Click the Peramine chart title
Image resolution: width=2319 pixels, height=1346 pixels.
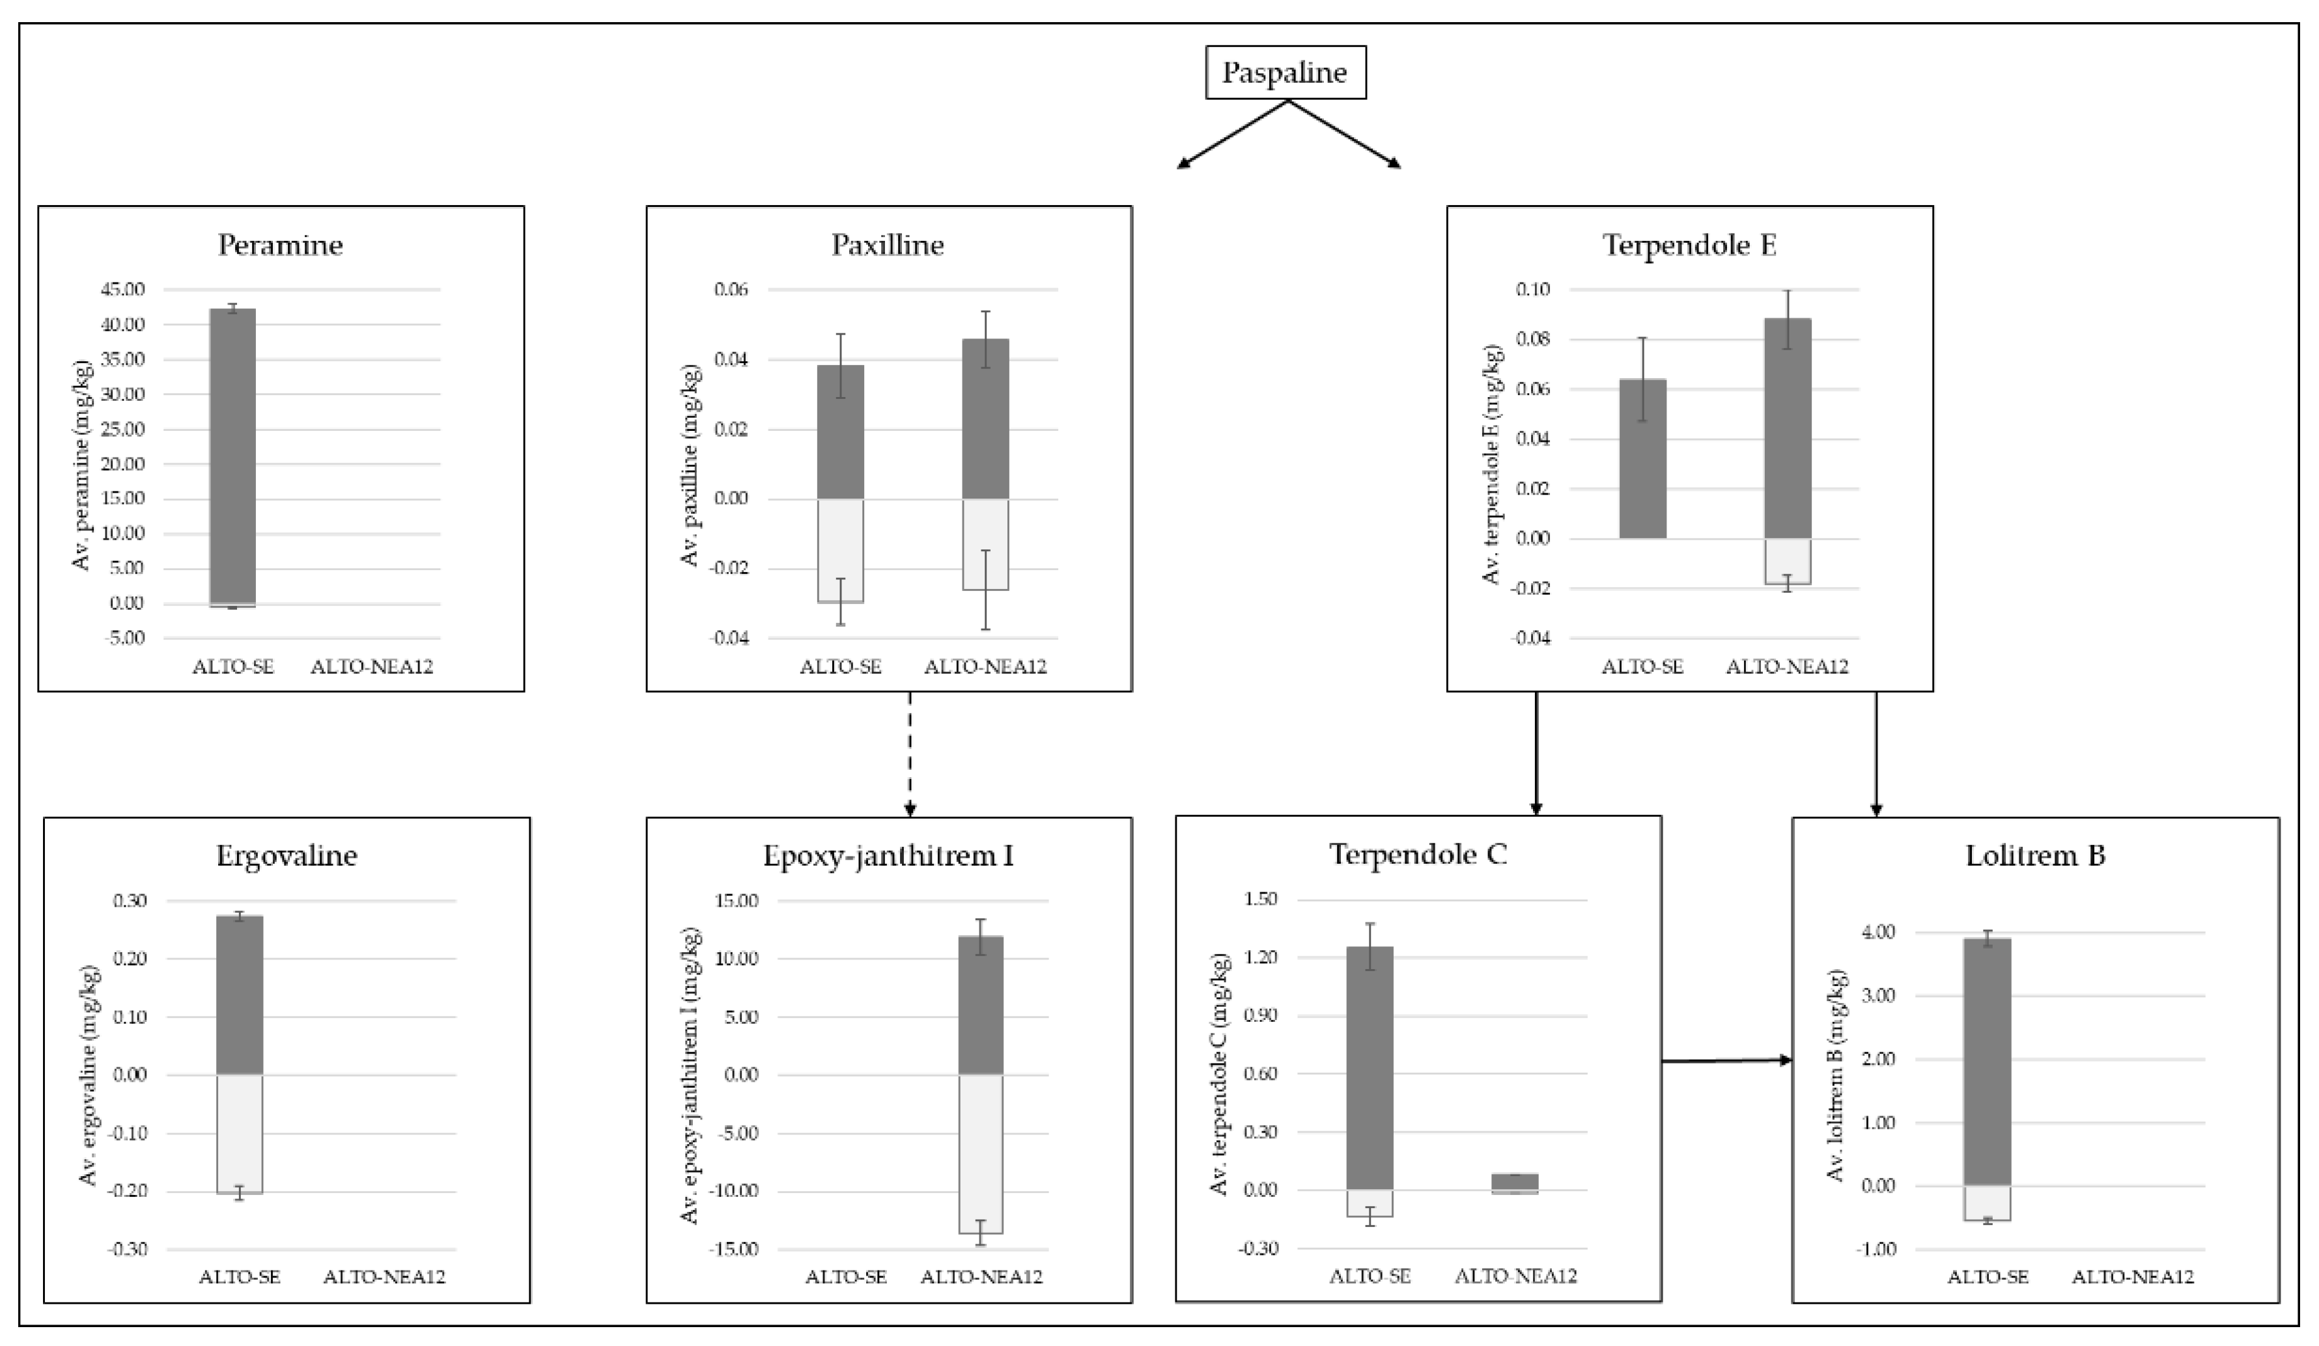pos(280,245)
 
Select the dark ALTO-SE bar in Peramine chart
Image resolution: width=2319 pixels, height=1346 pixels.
pos(233,456)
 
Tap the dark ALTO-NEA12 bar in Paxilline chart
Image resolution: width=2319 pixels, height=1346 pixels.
pos(985,419)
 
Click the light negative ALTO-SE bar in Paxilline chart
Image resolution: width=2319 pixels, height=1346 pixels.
pos(840,550)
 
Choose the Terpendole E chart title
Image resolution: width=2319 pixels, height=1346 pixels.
pos(1689,245)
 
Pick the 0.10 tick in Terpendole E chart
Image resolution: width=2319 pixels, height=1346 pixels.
pos(1532,290)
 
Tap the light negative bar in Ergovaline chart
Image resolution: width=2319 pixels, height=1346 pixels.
pos(239,1133)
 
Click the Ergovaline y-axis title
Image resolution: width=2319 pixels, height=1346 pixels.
pos(89,1075)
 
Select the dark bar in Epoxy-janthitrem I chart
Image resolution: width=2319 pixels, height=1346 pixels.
pos(981,1005)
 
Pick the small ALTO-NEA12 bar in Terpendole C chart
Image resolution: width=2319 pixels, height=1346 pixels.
pos(1515,1181)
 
